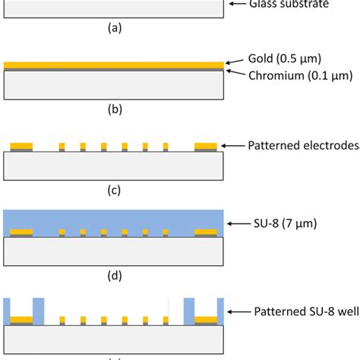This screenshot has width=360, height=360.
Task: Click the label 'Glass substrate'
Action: tap(290, 5)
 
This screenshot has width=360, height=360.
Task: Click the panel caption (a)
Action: tap(115, 28)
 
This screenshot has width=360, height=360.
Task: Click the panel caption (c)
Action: tap(115, 191)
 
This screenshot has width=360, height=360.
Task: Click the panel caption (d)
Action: tap(115, 276)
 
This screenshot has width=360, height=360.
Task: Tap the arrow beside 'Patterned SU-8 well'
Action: tap(234, 311)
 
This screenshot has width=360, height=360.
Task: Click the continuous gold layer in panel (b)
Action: tap(114, 65)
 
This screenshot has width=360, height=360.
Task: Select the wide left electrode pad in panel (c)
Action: tap(21, 144)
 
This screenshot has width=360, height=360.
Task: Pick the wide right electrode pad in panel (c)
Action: tap(206, 144)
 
